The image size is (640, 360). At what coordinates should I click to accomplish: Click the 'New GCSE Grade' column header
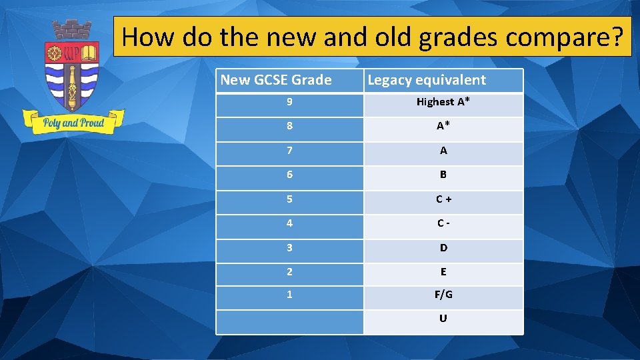(276, 80)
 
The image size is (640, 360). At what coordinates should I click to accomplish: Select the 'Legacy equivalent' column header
(427, 80)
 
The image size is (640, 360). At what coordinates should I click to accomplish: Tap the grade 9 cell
(289, 102)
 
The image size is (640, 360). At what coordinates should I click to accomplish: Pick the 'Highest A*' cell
(443, 102)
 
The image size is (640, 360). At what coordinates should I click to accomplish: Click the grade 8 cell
(289, 127)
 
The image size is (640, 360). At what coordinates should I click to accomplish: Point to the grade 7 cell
(289, 151)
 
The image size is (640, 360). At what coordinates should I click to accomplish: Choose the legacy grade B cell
(443, 175)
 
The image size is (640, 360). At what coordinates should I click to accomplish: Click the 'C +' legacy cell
(443, 199)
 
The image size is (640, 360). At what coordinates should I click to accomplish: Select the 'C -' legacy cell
(443, 223)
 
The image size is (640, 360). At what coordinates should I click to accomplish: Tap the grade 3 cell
(289, 247)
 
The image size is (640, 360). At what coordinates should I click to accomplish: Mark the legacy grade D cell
(443, 247)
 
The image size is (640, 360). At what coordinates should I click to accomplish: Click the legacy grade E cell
(443, 272)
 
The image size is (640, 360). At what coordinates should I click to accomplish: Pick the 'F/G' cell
(443, 294)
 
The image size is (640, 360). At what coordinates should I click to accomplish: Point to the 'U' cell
(443, 319)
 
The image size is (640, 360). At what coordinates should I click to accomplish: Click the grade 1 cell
(289, 294)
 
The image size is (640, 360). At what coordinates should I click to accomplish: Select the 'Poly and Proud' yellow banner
(73, 123)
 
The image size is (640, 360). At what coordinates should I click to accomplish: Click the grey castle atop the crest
(72, 30)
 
